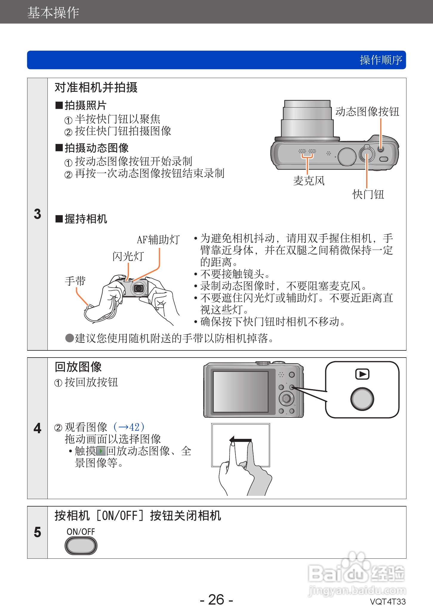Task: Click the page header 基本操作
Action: coord(53,13)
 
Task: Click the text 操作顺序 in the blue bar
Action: coord(381,60)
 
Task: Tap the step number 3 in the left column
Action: coord(37,214)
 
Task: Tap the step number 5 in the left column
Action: coord(37,532)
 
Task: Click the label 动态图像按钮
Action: coord(367,112)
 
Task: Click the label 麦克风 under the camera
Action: coord(309,181)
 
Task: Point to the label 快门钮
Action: coord(368,194)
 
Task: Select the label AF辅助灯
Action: coord(158,240)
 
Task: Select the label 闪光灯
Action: coord(128,256)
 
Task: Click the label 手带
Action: coord(75,281)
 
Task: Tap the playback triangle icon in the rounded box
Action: coord(362,374)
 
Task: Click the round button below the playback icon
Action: coord(362,399)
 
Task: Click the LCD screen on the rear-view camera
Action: coord(241,392)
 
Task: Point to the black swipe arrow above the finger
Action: coord(241,440)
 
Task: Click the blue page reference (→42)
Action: coord(129,427)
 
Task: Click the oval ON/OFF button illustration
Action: coord(81,546)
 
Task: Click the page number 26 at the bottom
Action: coord(216,600)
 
